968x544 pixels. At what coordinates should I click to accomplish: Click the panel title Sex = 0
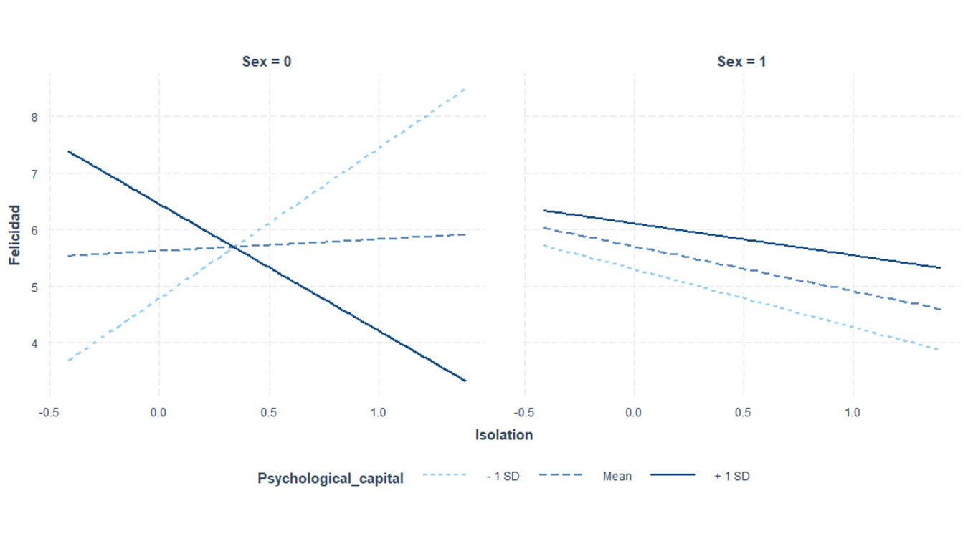point(267,62)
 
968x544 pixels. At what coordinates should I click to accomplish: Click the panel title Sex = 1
point(741,62)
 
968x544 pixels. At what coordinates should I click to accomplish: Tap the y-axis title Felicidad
point(15,235)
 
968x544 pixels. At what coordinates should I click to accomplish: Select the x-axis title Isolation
point(504,435)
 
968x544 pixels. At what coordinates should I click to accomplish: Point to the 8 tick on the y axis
point(34,117)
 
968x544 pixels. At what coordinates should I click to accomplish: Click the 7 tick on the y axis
point(34,173)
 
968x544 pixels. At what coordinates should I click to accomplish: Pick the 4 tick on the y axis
point(34,343)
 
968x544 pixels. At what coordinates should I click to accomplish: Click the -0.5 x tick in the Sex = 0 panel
point(49,413)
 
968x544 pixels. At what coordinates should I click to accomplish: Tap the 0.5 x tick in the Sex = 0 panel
point(269,413)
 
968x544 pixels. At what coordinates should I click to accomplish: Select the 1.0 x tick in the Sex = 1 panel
point(853,413)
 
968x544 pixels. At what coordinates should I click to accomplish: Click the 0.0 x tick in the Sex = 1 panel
point(633,413)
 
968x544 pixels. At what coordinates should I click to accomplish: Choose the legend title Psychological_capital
point(331,478)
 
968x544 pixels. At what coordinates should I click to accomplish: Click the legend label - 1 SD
point(503,476)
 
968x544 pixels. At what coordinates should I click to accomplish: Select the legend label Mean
point(617,476)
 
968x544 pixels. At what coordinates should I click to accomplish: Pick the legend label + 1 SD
point(732,476)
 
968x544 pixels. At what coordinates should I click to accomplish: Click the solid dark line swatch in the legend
point(673,475)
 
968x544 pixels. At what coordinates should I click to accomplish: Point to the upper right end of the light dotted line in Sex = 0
point(465,89)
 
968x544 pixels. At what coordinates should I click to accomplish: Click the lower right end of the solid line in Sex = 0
point(465,381)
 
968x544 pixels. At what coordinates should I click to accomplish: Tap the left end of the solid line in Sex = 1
point(544,210)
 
